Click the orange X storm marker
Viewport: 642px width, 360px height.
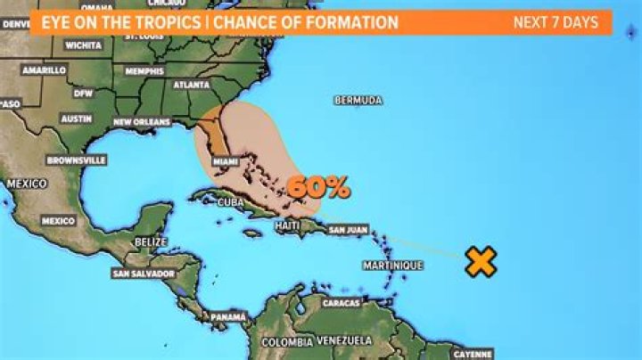point(481,261)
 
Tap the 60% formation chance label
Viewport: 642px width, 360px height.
point(318,187)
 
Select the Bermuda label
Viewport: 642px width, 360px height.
point(358,101)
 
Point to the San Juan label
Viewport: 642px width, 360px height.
point(349,229)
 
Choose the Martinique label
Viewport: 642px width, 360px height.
point(392,266)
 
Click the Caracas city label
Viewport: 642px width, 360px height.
point(341,303)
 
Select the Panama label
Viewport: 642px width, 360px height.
point(228,317)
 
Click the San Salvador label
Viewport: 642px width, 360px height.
point(143,274)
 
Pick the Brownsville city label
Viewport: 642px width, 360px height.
point(77,160)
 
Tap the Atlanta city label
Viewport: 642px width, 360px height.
point(192,86)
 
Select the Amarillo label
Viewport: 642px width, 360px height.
point(45,70)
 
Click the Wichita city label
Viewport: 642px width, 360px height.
point(83,44)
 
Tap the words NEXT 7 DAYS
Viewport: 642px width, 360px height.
point(556,22)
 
